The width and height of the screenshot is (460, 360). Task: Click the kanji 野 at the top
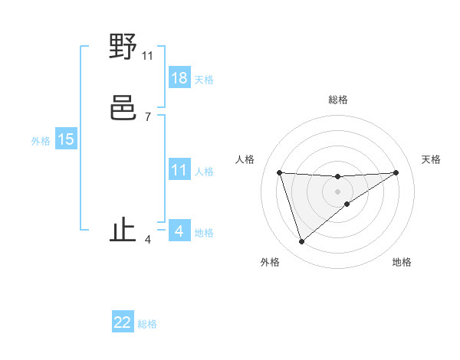pos(123,47)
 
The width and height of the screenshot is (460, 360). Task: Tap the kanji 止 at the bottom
pos(123,230)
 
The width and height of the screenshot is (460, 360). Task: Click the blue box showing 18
pos(179,78)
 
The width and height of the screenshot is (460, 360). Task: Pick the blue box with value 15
pos(66,139)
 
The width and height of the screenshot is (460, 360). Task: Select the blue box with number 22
pos(123,322)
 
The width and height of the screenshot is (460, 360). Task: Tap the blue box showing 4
pos(179,231)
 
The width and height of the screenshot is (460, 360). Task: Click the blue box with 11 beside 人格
pos(179,170)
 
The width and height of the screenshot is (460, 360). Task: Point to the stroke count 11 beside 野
pos(148,56)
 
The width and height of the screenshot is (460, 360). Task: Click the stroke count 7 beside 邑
pos(148,116)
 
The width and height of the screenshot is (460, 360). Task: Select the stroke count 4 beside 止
pos(148,240)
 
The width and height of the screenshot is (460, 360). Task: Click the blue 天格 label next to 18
pos(204,80)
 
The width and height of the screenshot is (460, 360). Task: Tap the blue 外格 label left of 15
pos(41,141)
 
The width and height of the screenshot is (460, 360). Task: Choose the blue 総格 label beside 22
pos(147,324)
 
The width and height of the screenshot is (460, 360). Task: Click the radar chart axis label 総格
pos(337,100)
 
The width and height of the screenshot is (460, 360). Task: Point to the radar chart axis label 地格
pos(402,262)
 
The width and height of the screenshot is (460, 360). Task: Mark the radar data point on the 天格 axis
pos(396,172)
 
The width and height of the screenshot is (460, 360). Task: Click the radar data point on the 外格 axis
pos(301,242)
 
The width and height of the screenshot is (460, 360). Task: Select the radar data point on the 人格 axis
pos(279,172)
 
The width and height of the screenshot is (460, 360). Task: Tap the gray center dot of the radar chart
pos(337,191)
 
